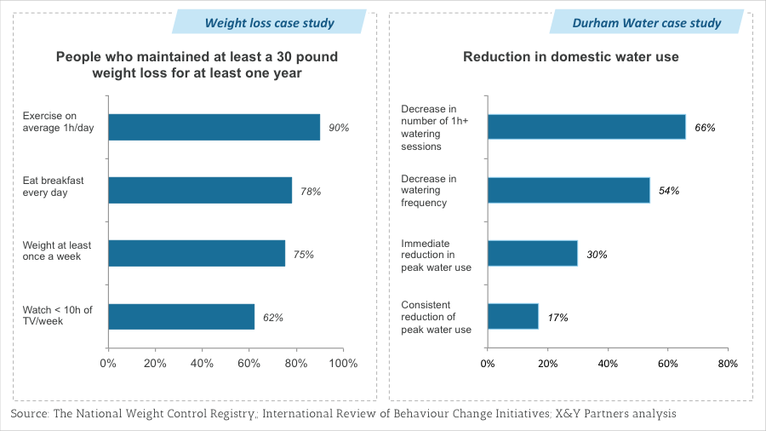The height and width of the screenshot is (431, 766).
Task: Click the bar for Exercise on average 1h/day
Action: click(x=214, y=127)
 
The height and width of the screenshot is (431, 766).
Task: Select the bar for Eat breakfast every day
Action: click(x=200, y=190)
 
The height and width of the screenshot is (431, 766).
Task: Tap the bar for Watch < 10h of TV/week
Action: click(x=181, y=317)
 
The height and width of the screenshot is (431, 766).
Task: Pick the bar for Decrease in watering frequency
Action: click(x=569, y=190)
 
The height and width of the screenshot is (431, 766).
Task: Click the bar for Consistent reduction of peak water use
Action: click(x=513, y=317)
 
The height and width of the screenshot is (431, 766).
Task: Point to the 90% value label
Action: click(x=340, y=128)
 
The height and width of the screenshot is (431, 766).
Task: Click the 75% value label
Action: click(x=304, y=254)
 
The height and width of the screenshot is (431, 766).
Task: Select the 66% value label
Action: click(x=705, y=128)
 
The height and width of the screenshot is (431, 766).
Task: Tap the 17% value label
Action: click(x=557, y=318)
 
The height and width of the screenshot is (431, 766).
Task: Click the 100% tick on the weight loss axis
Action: click(x=343, y=364)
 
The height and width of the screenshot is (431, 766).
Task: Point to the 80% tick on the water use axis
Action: click(x=728, y=364)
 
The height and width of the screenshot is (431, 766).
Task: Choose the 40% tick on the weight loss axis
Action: click(x=202, y=364)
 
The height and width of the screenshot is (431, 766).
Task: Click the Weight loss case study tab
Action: click(x=269, y=22)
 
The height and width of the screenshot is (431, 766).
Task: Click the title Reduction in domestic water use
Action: click(x=570, y=57)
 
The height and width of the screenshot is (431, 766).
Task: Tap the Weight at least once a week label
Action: click(x=57, y=250)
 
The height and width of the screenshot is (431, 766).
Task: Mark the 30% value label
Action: click(x=596, y=254)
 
